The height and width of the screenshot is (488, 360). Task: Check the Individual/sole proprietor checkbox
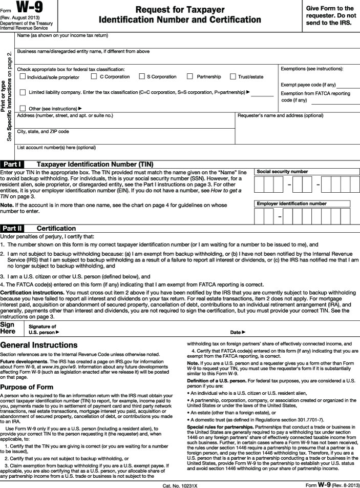pyautogui.click(x=23, y=77)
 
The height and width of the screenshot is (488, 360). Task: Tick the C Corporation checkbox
pyautogui.click(x=94, y=76)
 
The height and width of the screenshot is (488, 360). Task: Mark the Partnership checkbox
pyautogui.click(x=190, y=76)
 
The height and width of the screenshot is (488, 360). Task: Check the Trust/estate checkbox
pyautogui.click(x=233, y=76)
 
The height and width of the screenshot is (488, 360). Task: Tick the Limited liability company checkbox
pyautogui.click(x=23, y=92)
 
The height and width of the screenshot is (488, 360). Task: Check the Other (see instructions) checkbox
pyautogui.click(x=23, y=108)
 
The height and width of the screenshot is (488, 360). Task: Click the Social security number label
pyautogui.click(x=283, y=171)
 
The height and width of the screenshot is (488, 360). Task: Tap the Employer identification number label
pyautogui.click(x=292, y=204)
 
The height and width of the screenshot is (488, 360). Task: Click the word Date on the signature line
pyautogui.click(x=235, y=332)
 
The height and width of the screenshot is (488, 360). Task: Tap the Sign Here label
pyautogui.click(x=8, y=328)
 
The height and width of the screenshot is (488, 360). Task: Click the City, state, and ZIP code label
pyautogui.click(x=43, y=131)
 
